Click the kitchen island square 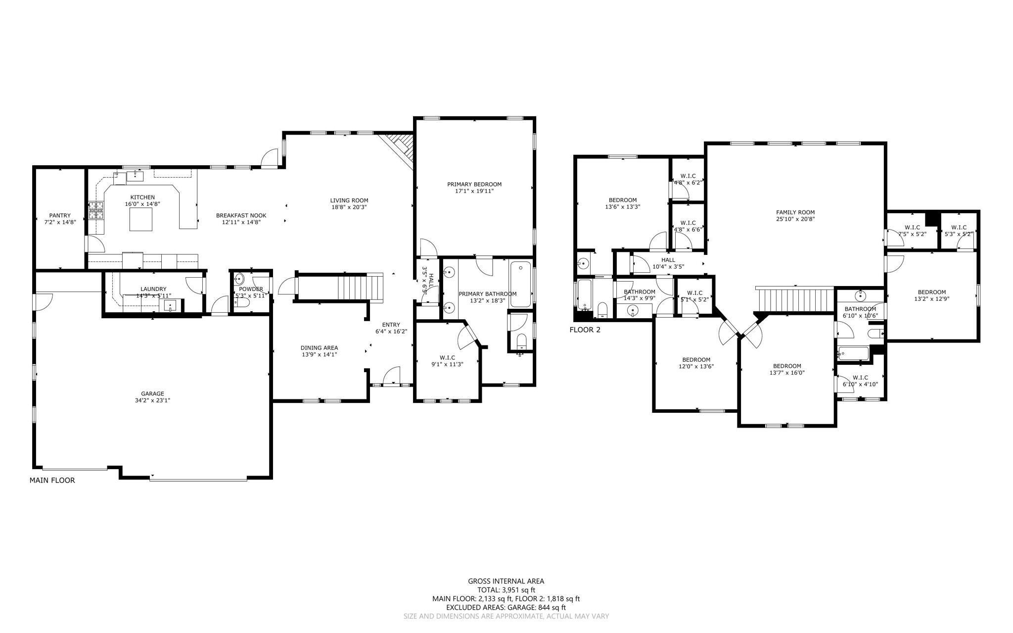click(x=141, y=219)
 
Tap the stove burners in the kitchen click(x=96, y=211)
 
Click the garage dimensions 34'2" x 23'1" click(x=152, y=400)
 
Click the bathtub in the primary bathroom click(x=520, y=285)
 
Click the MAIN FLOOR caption click(x=52, y=480)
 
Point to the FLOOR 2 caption click(x=585, y=330)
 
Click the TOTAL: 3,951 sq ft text click(x=506, y=590)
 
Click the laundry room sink click(x=170, y=305)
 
